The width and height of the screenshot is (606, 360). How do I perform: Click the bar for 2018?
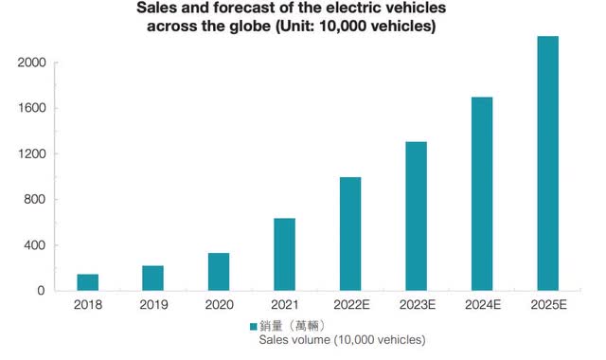(x=87, y=282)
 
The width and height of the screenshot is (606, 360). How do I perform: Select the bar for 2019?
(x=152, y=278)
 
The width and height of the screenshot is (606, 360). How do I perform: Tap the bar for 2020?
(x=218, y=272)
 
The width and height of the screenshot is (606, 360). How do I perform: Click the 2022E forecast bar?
(x=349, y=234)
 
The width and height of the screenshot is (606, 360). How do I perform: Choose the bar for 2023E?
(x=415, y=216)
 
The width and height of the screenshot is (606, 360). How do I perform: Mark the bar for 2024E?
(x=481, y=193)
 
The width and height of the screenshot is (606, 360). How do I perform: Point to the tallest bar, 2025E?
(x=546, y=163)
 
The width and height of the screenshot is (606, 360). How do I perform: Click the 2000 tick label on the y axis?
(x=30, y=63)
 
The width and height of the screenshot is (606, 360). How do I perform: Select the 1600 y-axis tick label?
(x=30, y=108)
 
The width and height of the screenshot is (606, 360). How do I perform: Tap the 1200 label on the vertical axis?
(x=30, y=153)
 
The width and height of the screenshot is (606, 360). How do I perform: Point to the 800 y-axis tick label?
(x=34, y=200)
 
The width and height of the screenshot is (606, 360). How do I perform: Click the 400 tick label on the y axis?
(x=34, y=245)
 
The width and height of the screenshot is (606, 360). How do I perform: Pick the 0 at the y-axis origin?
(x=41, y=291)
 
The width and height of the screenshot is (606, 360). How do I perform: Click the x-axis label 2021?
(x=284, y=306)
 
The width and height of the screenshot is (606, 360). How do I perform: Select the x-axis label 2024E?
(x=481, y=306)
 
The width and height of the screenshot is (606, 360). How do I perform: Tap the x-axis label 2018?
(x=87, y=306)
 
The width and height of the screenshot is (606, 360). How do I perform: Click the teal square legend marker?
(x=252, y=325)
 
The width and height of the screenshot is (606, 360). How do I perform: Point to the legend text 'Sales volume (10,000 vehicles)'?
(x=342, y=339)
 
